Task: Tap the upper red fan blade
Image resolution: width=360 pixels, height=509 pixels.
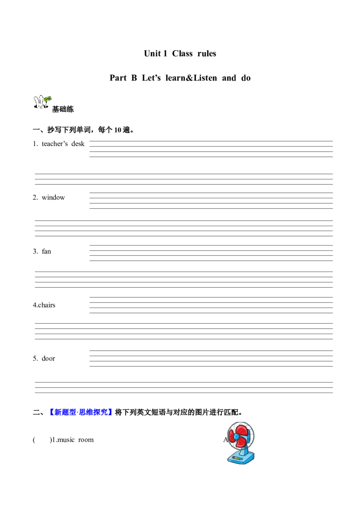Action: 241,430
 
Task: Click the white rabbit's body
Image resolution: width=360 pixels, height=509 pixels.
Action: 40,105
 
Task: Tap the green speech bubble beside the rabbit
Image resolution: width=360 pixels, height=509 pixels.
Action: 48,98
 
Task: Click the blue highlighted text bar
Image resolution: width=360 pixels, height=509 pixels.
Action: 81,412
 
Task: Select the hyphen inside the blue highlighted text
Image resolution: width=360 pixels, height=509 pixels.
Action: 77,412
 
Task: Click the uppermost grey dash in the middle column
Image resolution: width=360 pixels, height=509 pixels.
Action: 88,143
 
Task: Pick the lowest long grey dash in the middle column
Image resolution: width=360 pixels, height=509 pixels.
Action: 88,357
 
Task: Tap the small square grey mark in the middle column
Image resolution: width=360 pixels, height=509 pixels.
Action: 88,297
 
